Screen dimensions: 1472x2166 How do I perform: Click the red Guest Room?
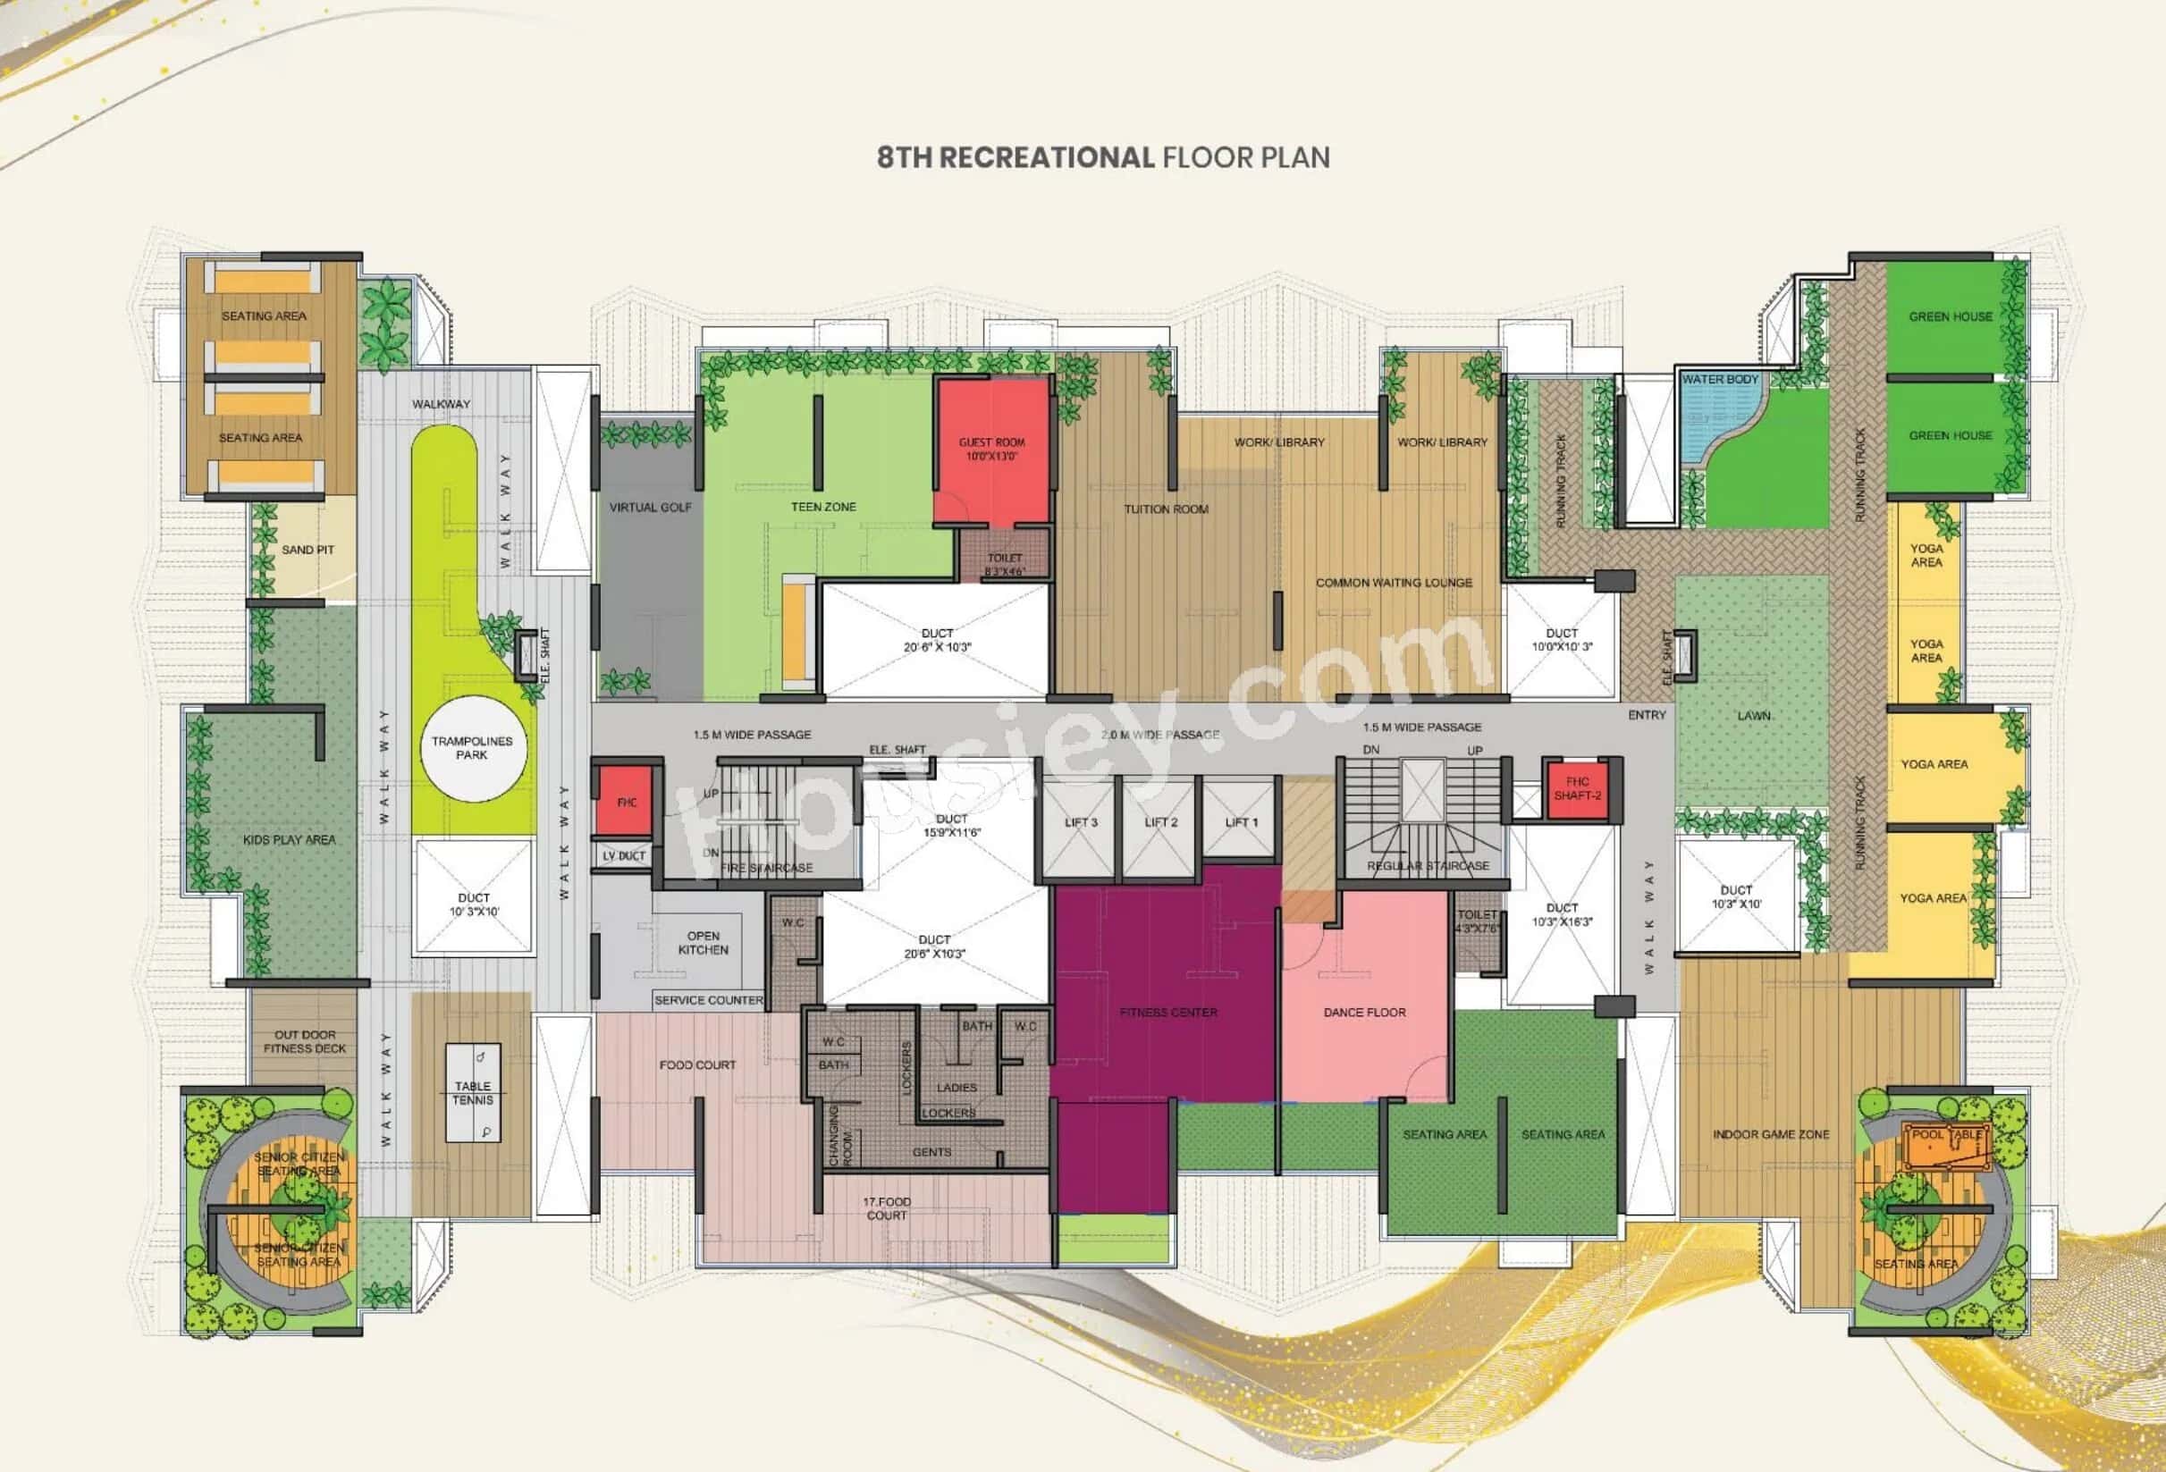tap(992, 452)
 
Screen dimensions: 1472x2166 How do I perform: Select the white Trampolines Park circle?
tap(472, 748)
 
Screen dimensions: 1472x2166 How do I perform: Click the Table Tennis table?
tap(473, 1094)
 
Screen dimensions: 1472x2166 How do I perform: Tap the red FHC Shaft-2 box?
tap(1577, 789)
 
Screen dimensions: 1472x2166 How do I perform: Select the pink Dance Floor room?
tap(1363, 1012)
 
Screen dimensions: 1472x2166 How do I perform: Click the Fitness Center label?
tap(1167, 1013)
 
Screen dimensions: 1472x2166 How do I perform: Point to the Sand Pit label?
tap(308, 550)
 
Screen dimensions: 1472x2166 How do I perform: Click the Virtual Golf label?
tap(650, 508)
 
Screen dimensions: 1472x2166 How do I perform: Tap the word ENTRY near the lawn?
tap(1647, 716)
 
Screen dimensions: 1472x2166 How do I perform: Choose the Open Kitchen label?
tap(703, 943)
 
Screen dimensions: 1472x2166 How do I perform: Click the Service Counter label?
tap(708, 1001)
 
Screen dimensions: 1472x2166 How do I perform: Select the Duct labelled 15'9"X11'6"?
tap(951, 826)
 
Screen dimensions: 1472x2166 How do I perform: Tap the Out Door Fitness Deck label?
tap(305, 1041)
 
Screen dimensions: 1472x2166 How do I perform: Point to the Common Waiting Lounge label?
tap(1394, 584)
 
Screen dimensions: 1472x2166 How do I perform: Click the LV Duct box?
tap(623, 856)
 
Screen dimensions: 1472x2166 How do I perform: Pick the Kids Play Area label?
tap(289, 840)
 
